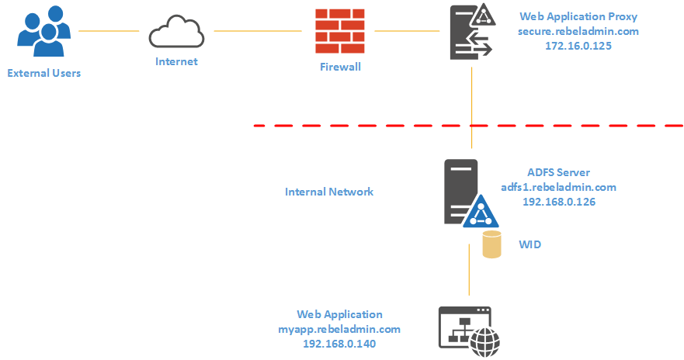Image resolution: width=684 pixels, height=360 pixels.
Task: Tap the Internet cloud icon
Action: point(176,33)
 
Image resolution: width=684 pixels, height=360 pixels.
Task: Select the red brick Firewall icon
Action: point(340,31)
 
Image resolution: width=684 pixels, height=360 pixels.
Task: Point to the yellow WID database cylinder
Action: point(492,244)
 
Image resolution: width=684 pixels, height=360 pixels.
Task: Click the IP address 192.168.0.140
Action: point(339,343)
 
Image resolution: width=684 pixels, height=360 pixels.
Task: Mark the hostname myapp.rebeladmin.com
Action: point(339,329)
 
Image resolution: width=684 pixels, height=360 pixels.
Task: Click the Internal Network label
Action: point(329,192)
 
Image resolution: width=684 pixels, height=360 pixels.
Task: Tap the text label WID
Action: point(530,244)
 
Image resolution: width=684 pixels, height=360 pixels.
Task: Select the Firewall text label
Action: point(340,67)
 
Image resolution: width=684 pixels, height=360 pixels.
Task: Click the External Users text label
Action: point(43,74)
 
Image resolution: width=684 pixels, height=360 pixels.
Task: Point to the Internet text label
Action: point(176,61)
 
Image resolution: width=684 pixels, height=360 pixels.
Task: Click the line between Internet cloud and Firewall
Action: point(257,31)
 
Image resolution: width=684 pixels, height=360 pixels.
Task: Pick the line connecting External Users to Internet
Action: point(109,31)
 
